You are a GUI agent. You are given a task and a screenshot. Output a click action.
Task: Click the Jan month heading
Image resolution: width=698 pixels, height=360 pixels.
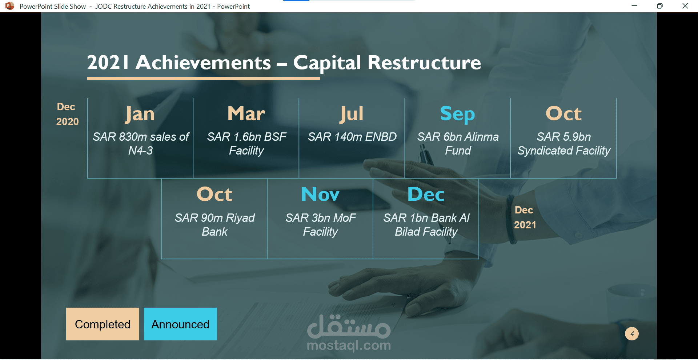tap(140, 114)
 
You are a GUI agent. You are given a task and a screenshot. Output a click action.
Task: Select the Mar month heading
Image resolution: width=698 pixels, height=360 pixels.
tap(246, 113)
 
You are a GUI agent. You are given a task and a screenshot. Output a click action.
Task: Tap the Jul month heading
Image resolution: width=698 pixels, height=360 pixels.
tap(352, 114)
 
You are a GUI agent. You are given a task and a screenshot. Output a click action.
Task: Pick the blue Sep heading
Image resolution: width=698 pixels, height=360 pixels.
tap(457, 114)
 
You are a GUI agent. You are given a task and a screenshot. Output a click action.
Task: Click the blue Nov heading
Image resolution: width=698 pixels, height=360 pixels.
tap(320, 194)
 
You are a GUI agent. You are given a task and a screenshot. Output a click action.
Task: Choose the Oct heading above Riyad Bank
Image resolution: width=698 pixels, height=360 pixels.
tap(214, 194)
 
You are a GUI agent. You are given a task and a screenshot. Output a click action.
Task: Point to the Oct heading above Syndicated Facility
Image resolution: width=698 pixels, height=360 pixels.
tap(563, 113)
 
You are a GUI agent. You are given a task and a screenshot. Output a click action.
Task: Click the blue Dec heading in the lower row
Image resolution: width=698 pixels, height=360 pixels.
tap(426, 194)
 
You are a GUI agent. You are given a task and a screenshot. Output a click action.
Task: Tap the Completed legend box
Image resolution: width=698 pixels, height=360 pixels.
tap(103, 324)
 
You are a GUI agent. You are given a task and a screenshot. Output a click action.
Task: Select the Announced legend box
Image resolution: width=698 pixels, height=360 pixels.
tap(180, 324)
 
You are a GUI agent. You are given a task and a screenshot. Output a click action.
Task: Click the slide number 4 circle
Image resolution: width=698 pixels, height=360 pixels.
tap(632, 333)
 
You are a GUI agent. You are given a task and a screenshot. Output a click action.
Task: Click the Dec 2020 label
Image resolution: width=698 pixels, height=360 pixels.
tap(67, 114)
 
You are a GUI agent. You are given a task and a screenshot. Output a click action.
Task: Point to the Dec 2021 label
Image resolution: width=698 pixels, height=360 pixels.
tap(525, 217)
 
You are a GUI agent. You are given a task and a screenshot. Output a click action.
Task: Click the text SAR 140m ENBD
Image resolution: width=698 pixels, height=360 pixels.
tap(352, 137)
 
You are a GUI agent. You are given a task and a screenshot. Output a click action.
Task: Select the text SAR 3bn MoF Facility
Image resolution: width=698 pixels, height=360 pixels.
tap(320, 224)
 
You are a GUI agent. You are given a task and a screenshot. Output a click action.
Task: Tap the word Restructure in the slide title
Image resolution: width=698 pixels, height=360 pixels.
tap(424, 63)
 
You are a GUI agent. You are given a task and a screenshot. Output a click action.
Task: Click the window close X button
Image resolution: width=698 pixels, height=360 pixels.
tap(685, 6)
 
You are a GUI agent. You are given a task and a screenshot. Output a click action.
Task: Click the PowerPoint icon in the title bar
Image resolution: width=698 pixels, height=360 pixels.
tap(9, 6)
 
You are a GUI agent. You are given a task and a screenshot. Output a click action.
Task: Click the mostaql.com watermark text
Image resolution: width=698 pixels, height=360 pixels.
tap(349, 345)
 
